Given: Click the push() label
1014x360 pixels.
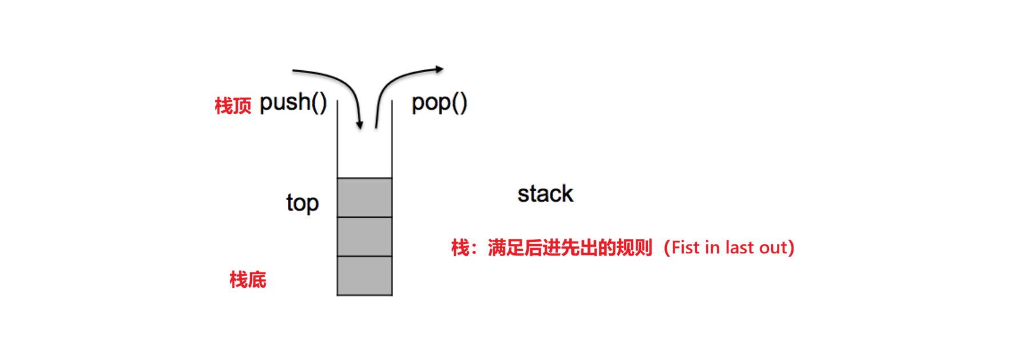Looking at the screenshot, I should coord(293,103).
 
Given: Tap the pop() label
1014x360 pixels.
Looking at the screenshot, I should coord(439,103).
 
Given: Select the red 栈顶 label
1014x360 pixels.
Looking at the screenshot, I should coord(233,106).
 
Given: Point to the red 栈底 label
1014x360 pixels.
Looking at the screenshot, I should coord(247,279).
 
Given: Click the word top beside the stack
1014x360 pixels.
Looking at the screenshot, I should coord(302,203).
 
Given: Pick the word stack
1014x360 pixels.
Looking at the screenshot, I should coord(545,194).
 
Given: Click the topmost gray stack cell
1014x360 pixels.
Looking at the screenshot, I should coord(364,198).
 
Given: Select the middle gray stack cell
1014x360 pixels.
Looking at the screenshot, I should coord(364,237).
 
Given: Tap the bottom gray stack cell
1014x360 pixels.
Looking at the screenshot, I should coord(364,275).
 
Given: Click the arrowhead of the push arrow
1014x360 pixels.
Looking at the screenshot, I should coord(359,125).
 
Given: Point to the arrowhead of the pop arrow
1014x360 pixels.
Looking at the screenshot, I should coord(439,69).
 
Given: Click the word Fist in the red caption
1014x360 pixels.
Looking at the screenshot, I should coord(685,247).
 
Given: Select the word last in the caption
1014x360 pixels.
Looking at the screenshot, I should coord(739,247).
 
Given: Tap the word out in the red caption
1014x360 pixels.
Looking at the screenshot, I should coord(773,248).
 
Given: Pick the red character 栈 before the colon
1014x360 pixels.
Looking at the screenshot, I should coord(460,248).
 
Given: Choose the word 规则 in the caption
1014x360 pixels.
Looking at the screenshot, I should coord(635,248).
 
